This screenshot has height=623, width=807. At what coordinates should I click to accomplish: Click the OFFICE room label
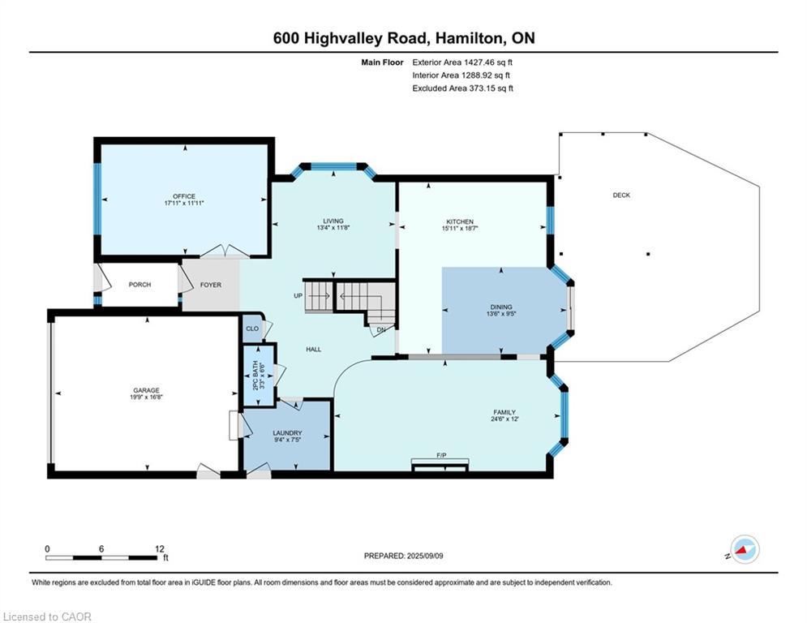[x=184, y=196]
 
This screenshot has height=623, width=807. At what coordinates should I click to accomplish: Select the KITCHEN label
[x=460, y=221]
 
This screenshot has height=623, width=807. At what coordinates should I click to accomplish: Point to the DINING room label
[x=500, y=307]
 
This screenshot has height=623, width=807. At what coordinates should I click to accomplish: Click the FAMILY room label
[x=503, y=412]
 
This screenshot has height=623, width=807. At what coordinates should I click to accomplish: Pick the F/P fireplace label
[x=442, y=455]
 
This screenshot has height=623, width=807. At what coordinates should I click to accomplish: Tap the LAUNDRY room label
[x=287, y=433]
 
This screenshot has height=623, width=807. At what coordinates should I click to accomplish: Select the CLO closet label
[x=251, y=329]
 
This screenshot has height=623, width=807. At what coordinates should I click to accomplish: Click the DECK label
[x=621, y=195]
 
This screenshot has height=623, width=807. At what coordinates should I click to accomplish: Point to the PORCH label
[x=140, y=285]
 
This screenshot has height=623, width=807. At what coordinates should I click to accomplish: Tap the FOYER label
[x=210, y=285]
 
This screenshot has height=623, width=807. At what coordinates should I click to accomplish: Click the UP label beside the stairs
[x=298, y=295]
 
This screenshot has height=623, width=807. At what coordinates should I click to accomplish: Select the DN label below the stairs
[x=380, y=330]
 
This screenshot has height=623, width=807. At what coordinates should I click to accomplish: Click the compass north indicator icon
[x=744, y=549]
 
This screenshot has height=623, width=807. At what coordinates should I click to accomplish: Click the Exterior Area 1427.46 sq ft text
[x=462, y=62]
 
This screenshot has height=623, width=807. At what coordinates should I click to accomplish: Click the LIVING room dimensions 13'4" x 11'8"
[x=333, y=229]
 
